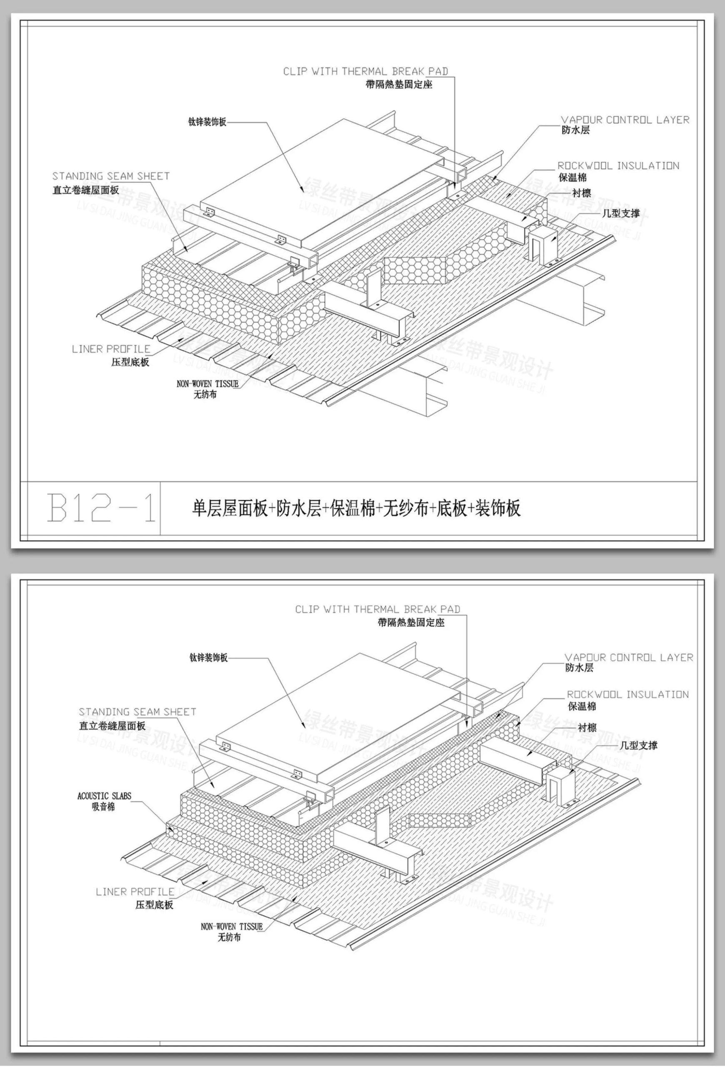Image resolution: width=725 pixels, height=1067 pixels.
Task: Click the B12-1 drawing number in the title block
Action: (101, 507)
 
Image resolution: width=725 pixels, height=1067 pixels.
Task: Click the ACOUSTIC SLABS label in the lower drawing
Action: (104, 796)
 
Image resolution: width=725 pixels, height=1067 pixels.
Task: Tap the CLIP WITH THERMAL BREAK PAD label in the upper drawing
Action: (365, 71)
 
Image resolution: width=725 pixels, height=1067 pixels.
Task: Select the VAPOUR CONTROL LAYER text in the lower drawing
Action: (629, 657)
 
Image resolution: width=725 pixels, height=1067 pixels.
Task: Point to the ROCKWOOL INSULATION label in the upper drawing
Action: (618, 166)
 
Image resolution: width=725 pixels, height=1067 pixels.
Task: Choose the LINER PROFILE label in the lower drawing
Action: (135, 892)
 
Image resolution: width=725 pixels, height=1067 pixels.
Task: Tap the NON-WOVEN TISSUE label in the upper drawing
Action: (207, 384)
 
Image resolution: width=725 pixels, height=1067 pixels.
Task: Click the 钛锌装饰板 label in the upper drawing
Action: (207, 122)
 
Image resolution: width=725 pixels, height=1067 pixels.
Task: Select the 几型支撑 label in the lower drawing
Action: (638, 745)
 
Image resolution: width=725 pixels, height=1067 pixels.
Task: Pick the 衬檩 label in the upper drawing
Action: (581, 193)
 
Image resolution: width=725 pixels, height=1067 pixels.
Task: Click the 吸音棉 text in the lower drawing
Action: (103, 807)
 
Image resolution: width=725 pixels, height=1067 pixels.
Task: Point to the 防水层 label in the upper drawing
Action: (575, 130)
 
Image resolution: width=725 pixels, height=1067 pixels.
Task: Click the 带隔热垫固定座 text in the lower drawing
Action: (411, 623)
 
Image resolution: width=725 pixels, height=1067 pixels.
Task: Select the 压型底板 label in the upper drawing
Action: (130, 362)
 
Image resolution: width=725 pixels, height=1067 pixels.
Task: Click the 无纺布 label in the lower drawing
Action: (229, 937)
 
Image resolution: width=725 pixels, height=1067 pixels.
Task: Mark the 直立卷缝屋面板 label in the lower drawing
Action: (112, 725)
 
